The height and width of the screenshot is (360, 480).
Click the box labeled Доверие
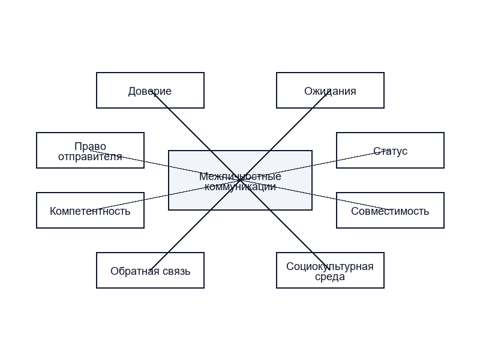pos(150,91)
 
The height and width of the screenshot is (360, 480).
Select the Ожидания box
pos(330,91)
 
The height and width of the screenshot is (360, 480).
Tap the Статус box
pos(390,151)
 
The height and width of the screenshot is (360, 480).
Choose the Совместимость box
pos(390,211)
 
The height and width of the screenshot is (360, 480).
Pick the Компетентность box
pos(90,211)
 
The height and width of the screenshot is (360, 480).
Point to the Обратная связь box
pos(150,271)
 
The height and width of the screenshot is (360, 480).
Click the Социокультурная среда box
pos(330,271)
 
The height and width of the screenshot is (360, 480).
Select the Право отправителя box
pos(90,151)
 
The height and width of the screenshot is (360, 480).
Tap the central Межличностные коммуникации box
pos(240,181)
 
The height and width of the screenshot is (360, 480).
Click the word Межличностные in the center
pos(240,176)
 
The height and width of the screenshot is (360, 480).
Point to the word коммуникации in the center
pos(240,187)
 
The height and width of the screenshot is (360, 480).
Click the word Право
pos(91,146)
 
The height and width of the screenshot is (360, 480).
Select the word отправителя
pos(90,157)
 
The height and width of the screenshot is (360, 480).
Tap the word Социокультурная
pos(330,266)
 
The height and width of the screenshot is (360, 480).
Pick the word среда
pos(330,277)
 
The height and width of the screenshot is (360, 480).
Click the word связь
pos(176,271)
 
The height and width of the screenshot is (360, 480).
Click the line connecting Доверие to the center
pos(195,136)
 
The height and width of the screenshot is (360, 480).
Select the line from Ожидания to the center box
pos(285,136)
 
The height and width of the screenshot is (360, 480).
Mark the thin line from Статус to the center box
pos(315,166)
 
